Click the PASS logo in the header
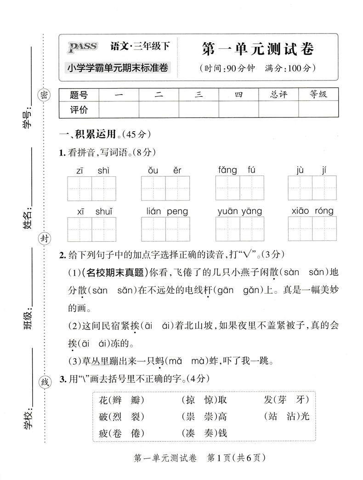(83, 46)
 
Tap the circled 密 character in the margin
(44, 95)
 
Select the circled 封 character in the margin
(44, 239)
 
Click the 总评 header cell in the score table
(278, 95)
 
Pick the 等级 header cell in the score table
(318, 95)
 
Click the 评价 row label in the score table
(78, 110)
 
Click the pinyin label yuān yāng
(240, 212)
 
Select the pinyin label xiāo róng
(312, 212)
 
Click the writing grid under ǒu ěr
(165, 188)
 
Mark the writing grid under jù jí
(312, 188)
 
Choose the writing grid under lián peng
(165, 229)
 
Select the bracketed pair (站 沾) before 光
(281, 416)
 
